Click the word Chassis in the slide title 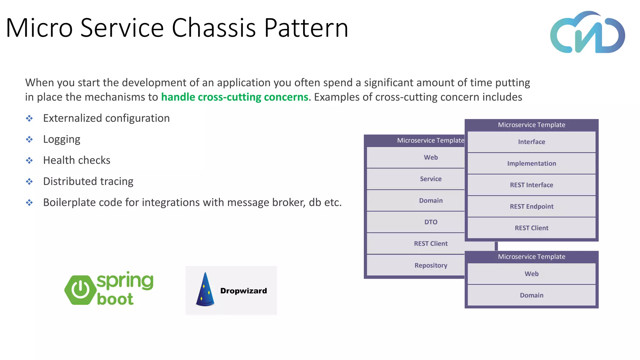click(x=214, y=28)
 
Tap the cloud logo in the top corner click(x=587, y=32)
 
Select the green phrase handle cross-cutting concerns click(x=234, y=97)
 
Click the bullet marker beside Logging click(x=29, y=139)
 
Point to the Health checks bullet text click(x=77, y=160)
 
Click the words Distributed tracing click(x=88, y=182)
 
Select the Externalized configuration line click(x=106, y=118)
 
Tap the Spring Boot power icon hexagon click(x=80, y=290)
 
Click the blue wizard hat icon click(x=205, y=290)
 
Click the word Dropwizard click(x=243, y=291)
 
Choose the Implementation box click(x=531, y=163)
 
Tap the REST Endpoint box click(x=531, y=207)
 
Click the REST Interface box click(x=531, y=185)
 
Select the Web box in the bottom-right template click(x=531, y=274)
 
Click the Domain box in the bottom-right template click(x=531, y=295)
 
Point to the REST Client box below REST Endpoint click(x=531, y=228)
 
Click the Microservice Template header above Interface click(x=531, y=125)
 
